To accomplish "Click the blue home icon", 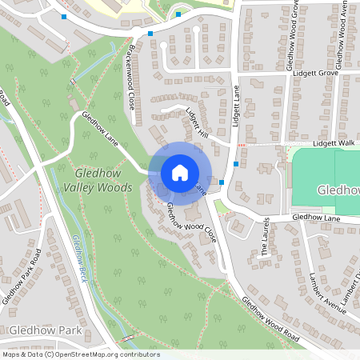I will [x=179, y=172].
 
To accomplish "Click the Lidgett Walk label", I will [x=334, y=143].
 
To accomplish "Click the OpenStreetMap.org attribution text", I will [x=81, y=354].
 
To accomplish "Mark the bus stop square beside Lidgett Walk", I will [x=235, y=163].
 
